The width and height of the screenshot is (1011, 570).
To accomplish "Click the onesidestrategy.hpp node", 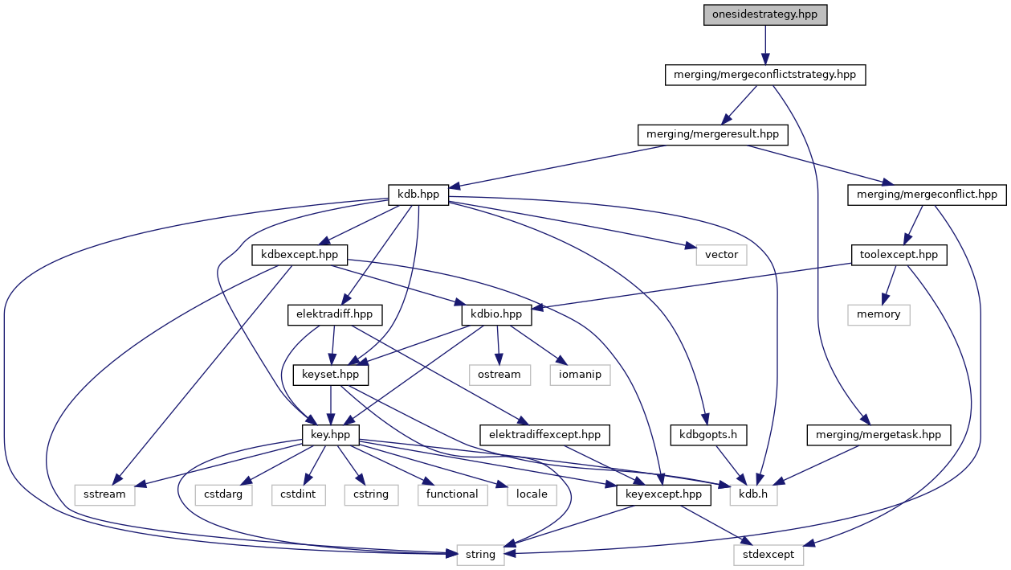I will point(764,15).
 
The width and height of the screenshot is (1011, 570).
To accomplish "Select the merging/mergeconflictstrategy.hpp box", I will point(765,76).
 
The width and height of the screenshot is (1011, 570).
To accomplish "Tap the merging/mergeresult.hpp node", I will point(712,134).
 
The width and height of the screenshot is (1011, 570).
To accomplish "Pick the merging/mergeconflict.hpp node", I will point(927,195).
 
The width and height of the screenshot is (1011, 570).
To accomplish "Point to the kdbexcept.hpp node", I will point(300,255).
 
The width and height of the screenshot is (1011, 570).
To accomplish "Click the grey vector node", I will point(721,255).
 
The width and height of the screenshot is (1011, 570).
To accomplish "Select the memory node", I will point(879,314).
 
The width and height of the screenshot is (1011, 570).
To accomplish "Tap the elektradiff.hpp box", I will point(335,314).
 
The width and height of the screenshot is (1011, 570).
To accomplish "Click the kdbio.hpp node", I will point(498,314).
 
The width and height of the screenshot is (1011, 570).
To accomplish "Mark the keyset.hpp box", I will point(332,374).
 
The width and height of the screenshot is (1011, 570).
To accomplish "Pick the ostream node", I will point(498,374).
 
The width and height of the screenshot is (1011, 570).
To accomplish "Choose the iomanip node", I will point(580,374).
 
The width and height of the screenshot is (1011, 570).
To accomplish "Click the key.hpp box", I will point(330,434).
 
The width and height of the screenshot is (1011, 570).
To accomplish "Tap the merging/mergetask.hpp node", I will point(879,434).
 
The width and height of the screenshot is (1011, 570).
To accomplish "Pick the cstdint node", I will point(297,494).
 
